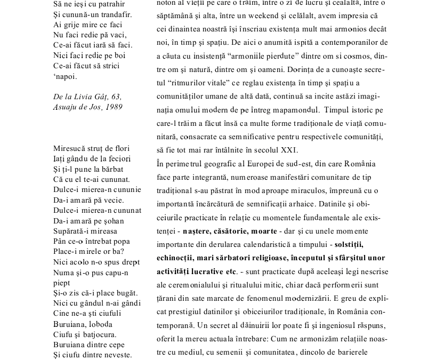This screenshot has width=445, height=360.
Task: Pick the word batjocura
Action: point(99,334)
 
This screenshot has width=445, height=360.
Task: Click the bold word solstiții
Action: point(349,244)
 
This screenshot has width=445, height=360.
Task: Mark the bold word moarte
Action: point(263,231)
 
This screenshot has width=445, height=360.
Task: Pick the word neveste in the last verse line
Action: point(117,355)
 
